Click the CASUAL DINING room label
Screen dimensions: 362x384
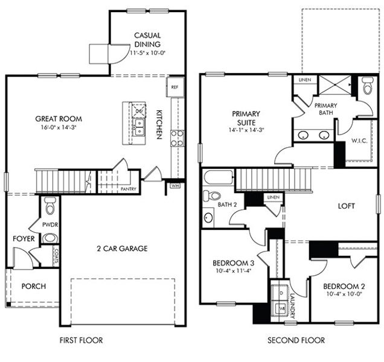pos(147,40)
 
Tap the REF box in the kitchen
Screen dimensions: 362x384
pos(175,87)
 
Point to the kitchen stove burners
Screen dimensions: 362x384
pos(177,138)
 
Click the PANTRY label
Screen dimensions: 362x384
pos(129,189)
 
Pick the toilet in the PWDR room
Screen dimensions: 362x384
pos(50,207)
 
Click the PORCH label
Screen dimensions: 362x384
pos(34,286)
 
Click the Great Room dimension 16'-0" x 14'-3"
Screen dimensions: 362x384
pos(59,128)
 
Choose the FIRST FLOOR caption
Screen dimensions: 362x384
pos(81,340)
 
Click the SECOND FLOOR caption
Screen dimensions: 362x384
pos(296,340)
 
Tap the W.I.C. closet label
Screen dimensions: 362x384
pos(359,141)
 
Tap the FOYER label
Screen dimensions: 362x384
pos(24,238)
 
